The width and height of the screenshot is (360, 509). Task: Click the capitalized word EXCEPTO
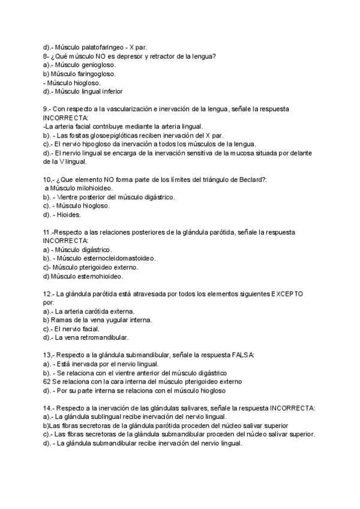(x=287, y=294)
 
